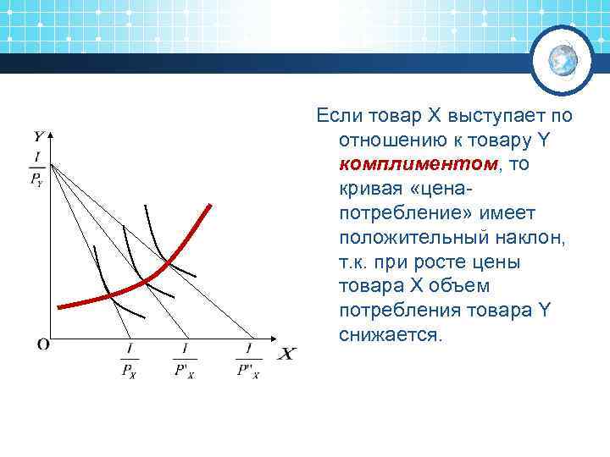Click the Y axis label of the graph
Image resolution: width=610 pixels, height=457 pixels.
(x=40, y=135)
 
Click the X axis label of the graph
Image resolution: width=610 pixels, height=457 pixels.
(x=286, y=353)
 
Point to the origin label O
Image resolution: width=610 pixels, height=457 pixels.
(x=42, y=344)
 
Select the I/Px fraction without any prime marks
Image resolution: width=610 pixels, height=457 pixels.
(x=130, y=361)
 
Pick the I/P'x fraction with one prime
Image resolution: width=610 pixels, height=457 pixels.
(x=185, y=361)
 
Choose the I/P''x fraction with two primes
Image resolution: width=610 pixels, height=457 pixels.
(x=248, y=361)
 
